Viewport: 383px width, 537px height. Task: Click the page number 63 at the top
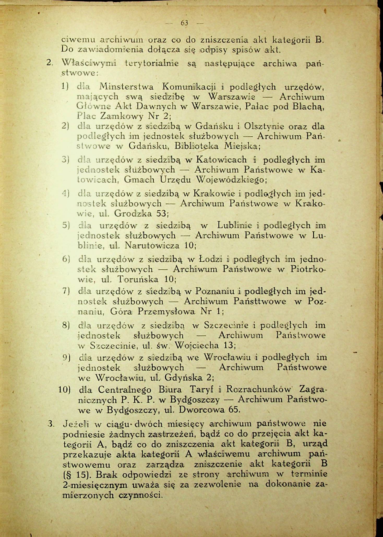(x=184, y=23)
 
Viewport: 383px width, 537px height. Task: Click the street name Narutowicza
(x=152, y=246)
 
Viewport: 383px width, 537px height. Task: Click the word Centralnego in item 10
(x=124, y=390)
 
